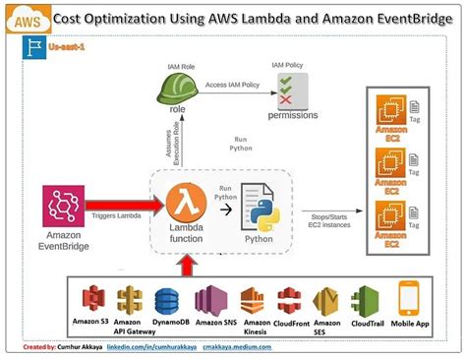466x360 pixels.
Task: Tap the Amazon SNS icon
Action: click(210, 300)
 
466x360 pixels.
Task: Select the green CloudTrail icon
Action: click(366, 300)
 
